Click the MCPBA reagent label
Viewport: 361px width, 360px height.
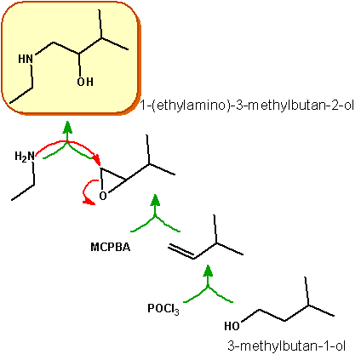(111, 247)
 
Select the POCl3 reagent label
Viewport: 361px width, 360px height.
(163, 309)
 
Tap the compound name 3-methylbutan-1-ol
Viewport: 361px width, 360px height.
(287, 346)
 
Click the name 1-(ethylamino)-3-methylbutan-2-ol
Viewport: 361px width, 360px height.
(247, 106)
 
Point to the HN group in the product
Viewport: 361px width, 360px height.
(26, 59)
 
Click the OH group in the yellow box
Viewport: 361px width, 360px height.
(85, 82)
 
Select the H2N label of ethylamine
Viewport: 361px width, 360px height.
(25, 157)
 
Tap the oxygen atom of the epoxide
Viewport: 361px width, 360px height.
(103, 196)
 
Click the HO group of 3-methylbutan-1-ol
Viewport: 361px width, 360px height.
(232, 326)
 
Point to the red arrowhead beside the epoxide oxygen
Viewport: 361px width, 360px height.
(90, 202)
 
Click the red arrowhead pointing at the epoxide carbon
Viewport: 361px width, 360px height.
(98, 160)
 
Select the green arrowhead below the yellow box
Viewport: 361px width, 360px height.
(67, 127)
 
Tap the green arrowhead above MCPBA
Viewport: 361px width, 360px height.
(155, 200)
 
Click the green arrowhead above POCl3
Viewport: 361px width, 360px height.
(208, 271)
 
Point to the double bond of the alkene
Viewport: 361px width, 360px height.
(181, 251)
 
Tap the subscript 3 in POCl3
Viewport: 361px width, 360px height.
(177, 312)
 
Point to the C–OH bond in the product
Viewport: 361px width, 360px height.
(80, 65)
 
